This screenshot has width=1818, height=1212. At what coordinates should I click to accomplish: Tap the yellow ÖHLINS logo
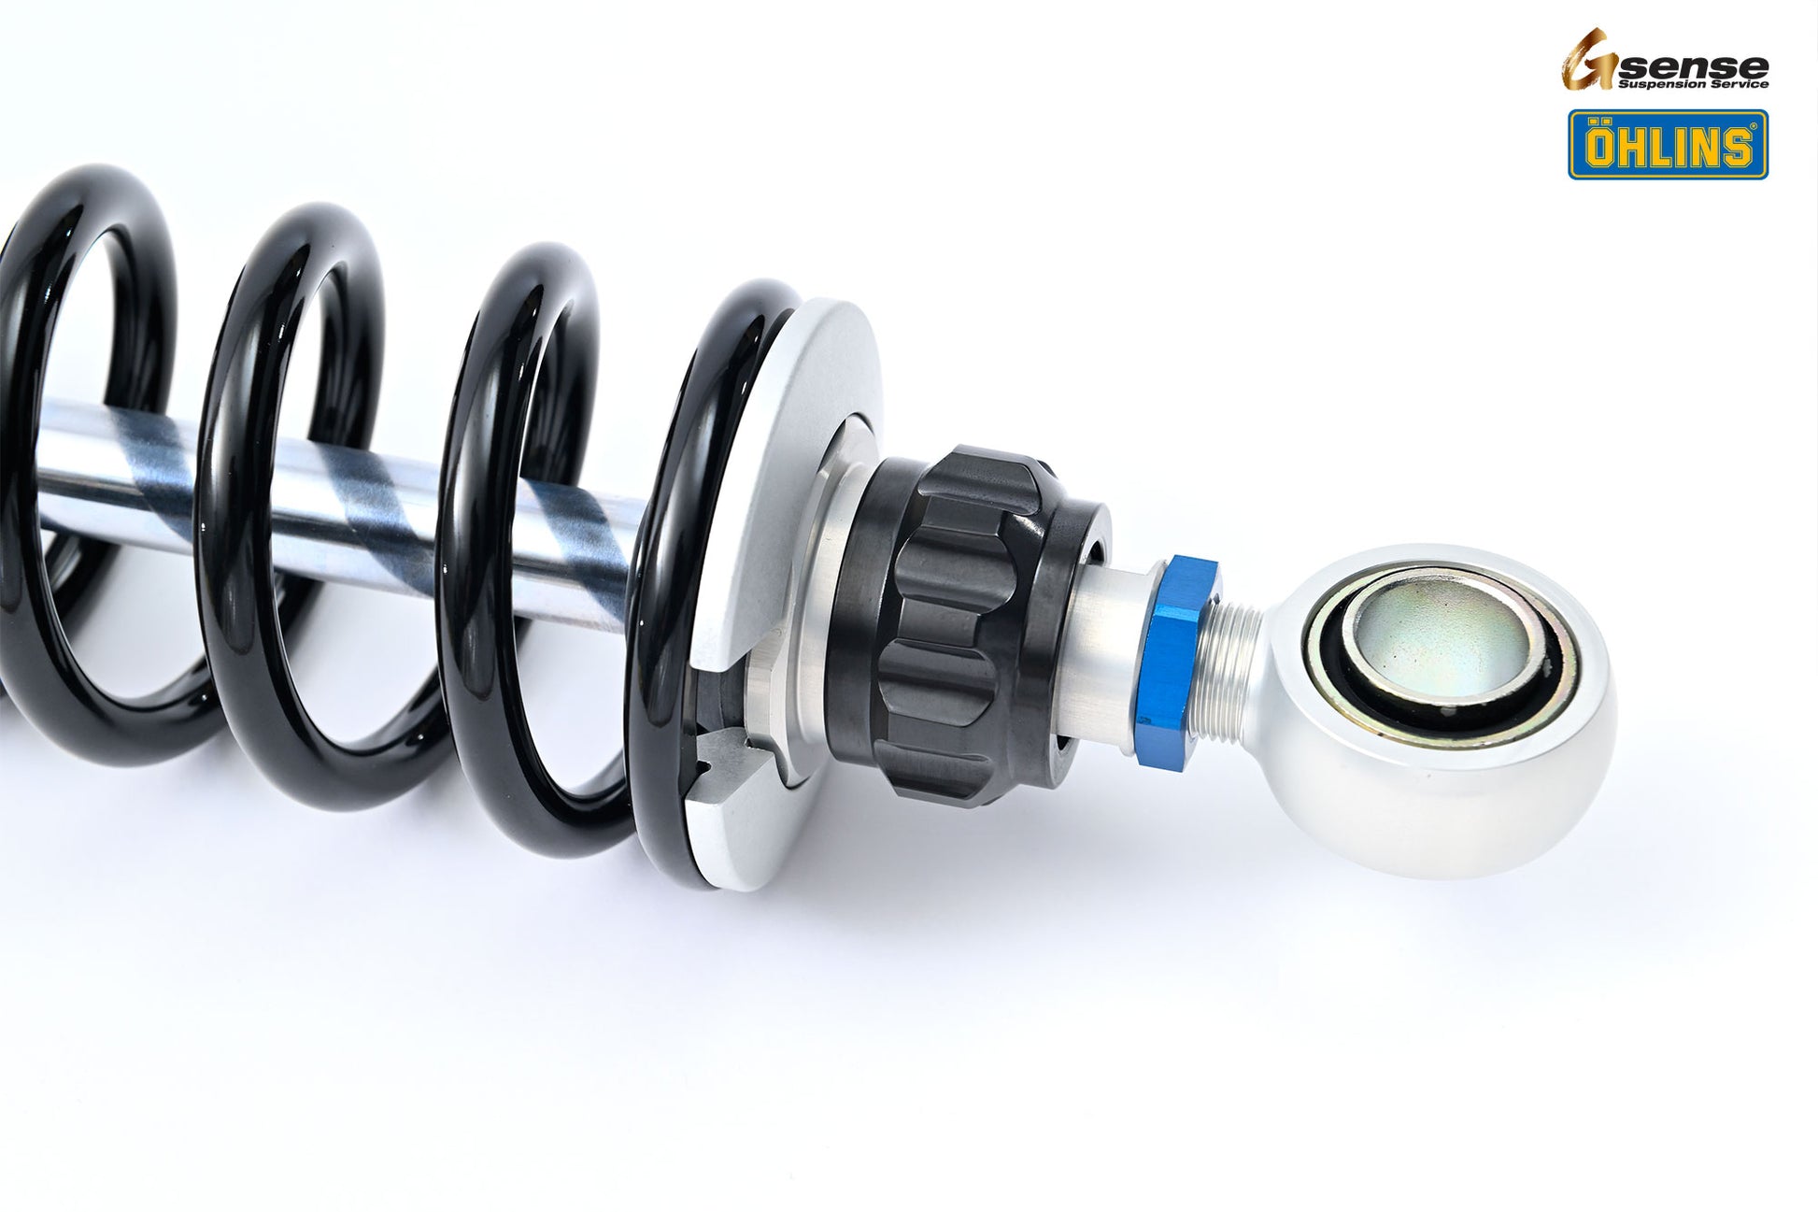[x=1667, y=145]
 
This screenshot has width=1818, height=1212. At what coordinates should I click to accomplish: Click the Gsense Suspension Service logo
[x=1663, y=61]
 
